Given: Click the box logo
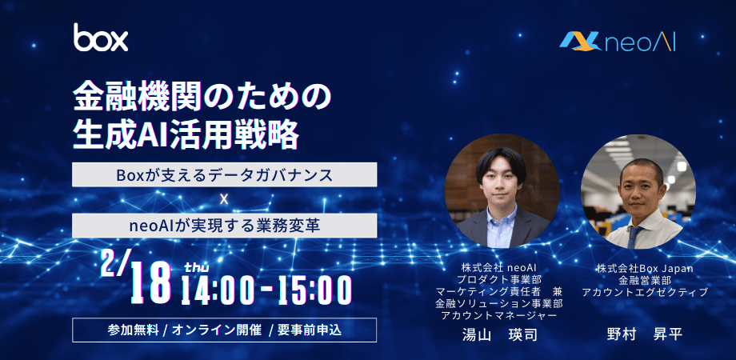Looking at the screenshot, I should point(101,38).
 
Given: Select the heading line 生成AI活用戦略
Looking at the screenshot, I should point(186,134).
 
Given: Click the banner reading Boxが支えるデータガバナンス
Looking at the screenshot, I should point(224,174).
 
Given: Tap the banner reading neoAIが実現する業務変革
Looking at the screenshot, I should point(224,226).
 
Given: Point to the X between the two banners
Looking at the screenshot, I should point(224,200).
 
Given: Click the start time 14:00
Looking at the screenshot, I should point(221,290).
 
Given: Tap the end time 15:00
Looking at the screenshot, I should point(311,290).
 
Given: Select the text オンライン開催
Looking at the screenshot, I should point(214,330).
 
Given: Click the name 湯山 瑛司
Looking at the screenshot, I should point(500,334).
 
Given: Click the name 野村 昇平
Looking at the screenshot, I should point(645,334).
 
